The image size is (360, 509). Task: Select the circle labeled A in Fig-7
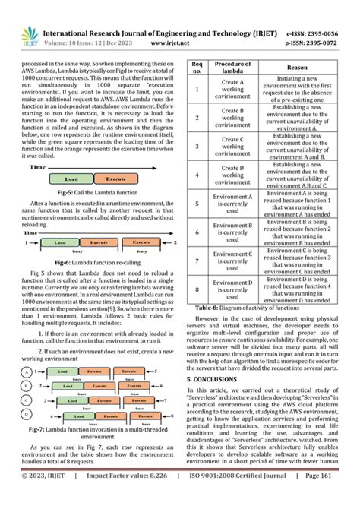coord(27,351)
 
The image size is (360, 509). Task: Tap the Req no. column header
coord(197,68)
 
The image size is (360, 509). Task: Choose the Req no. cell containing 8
coord(197,289)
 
